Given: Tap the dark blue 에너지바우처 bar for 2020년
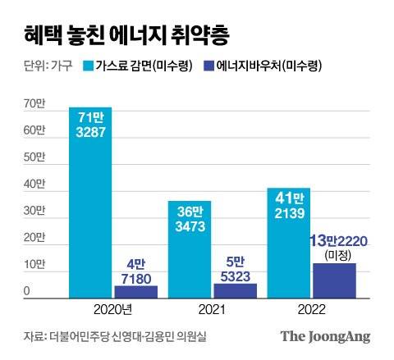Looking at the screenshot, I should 135,291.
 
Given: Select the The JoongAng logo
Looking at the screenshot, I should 325,336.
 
